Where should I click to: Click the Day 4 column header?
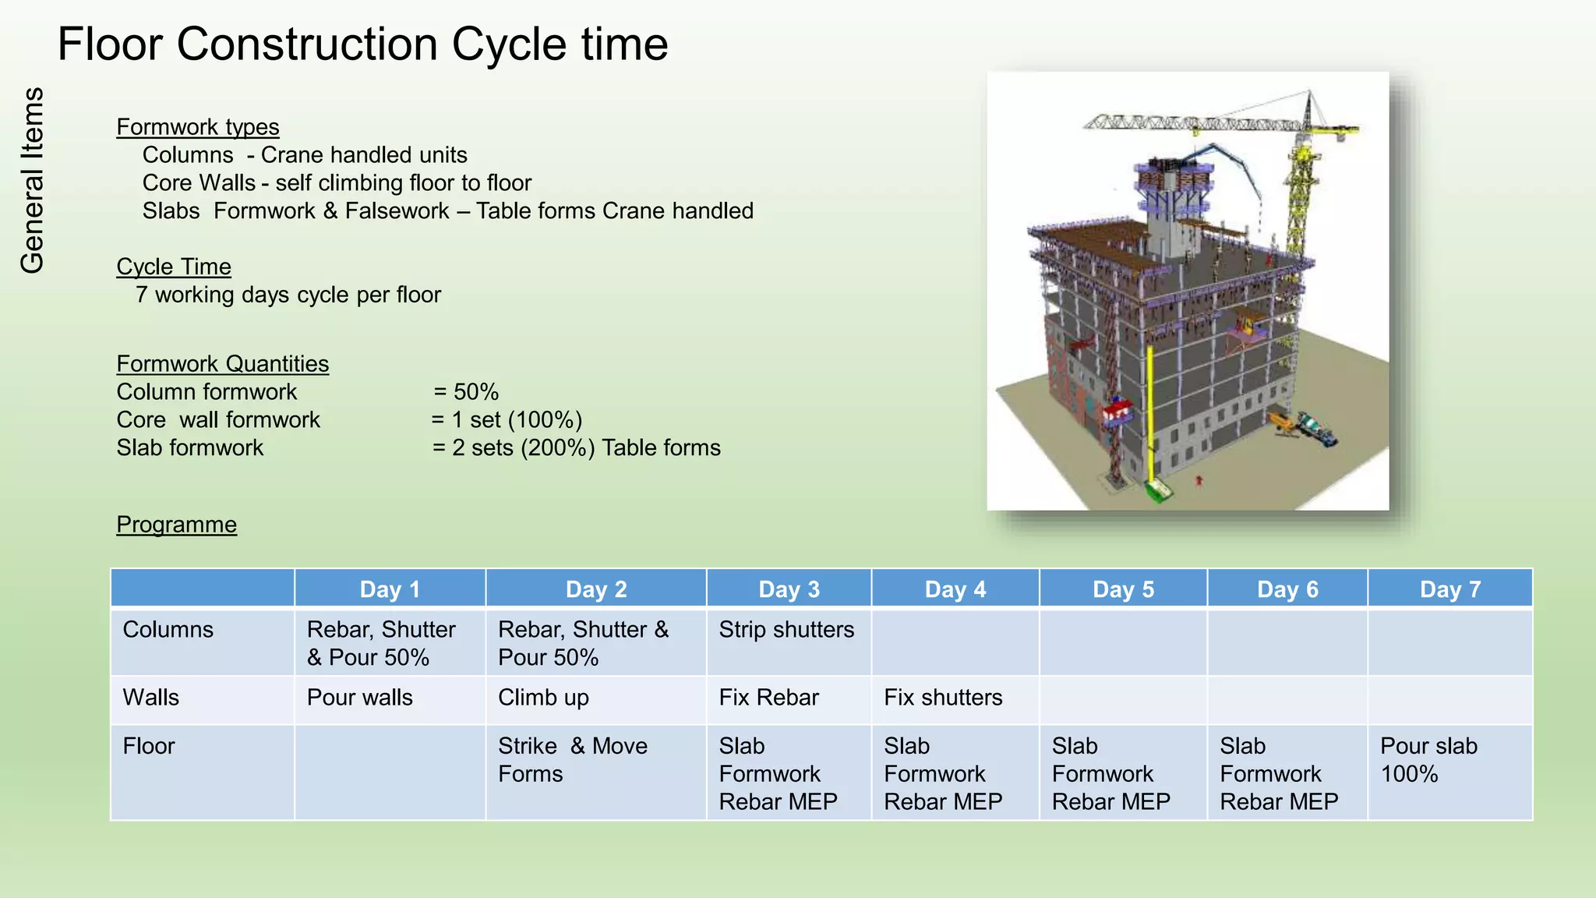(955, 589)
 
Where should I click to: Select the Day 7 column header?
(1449, 589)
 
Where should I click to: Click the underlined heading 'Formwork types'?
(197, 127)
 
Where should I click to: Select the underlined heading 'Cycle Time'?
(174, 267)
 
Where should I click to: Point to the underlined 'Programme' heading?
(176, 525)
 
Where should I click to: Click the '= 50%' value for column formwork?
(466, 392)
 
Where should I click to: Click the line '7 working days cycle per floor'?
(288, 295)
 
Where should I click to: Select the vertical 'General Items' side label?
(33, 181)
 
